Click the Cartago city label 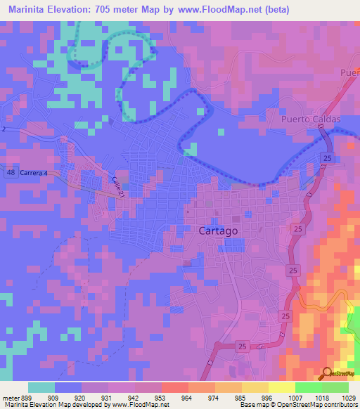click(214, 231)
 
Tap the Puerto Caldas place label click(311, 119)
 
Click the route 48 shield click(10, 171)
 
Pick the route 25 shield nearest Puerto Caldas click(328, 160)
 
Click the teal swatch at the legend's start click(41, 387)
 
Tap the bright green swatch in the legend click(309, 387)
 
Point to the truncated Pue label click(349, 73)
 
